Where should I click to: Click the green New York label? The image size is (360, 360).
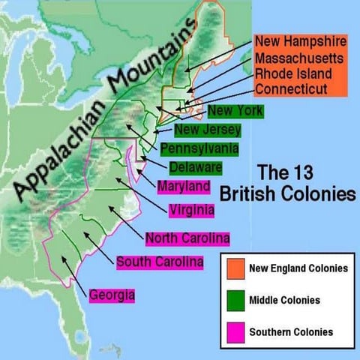pos(235,112)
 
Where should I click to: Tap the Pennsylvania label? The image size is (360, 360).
pos(199,148)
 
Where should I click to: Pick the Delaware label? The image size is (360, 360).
pos(195,166)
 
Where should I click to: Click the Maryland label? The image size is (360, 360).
pos(184,185)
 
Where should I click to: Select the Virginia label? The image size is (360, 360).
pos(191,210)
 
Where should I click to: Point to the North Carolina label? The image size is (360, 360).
pos(187,238)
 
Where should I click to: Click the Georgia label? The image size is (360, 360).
pos(112,295)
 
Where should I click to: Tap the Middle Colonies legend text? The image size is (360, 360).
pos(284,300)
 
